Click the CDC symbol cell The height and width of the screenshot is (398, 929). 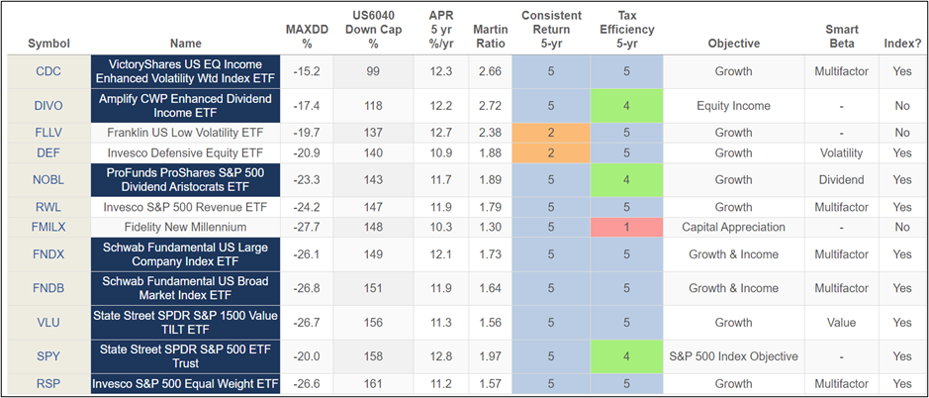pos(47,71)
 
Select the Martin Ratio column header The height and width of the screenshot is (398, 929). pos(491,36)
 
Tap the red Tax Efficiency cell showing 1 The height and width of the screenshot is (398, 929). pos(625,227)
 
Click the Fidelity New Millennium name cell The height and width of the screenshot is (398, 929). pos(185,227)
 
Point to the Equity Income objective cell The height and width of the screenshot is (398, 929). pos(733,105)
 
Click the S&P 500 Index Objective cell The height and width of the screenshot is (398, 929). pos(733,357)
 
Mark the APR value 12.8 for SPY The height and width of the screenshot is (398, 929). pos(441,357)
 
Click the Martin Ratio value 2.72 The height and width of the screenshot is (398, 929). pos(491,105)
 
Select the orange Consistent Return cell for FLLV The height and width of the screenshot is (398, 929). pos(551,133)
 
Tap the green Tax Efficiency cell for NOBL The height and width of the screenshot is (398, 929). pos(625,181)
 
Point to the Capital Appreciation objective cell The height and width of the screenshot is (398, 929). pos(733,227)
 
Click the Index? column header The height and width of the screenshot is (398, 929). pos(901,44)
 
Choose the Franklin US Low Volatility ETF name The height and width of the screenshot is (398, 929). pos(185,133)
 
